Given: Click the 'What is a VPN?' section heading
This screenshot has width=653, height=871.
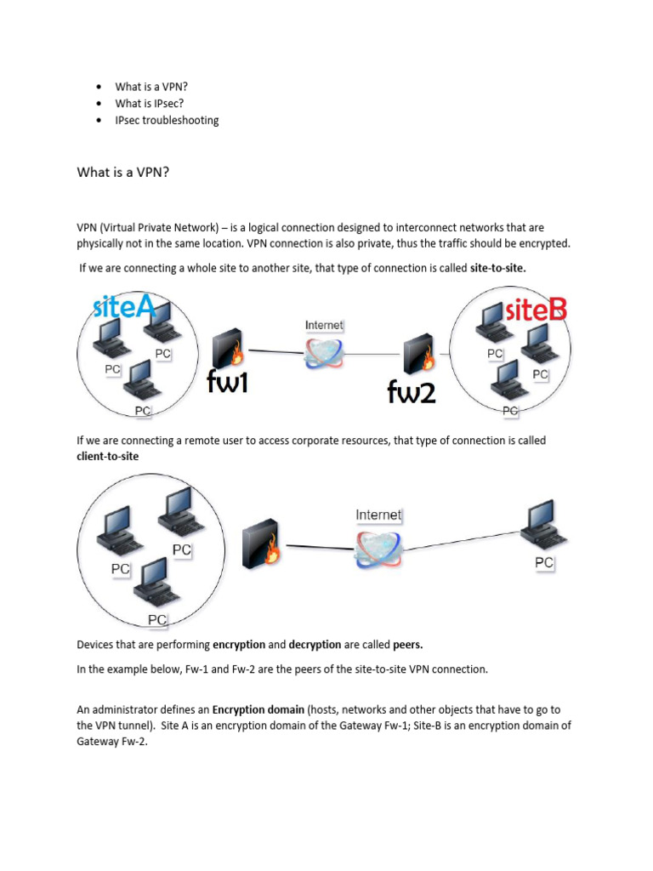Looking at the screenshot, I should tap(123, 173).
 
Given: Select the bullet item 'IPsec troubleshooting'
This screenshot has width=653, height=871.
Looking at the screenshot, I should tap(167, 120).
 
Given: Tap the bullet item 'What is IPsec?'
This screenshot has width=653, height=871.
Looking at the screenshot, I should tap(150, 103).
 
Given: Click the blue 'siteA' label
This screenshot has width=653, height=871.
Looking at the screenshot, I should tap(124, 306).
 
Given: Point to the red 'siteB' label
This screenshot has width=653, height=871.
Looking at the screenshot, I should tap(536, 310).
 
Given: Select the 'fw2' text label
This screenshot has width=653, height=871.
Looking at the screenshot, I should tap(412, 390).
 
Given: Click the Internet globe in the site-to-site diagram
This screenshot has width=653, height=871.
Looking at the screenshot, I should tap(324, 351).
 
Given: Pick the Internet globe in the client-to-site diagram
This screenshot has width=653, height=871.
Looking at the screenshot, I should tap(378, 549).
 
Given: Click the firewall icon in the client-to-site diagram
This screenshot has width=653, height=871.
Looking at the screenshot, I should tap(262, 545).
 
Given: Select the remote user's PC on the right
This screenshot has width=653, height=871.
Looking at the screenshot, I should tap(543, 527).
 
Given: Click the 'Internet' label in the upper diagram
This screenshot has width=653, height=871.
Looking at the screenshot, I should tap(324, 325).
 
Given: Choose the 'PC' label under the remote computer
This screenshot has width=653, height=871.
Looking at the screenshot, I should tap(544, 562).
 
